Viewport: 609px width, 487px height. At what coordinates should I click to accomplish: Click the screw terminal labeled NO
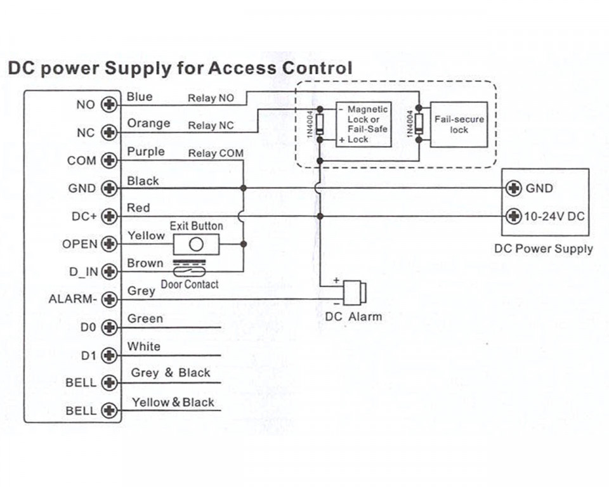[109, 105]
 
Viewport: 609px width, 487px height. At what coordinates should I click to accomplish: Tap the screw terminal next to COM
[109, 160]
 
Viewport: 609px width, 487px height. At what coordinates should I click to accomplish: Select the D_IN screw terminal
[109, 271]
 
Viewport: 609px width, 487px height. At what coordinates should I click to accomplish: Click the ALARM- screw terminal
[109, 299]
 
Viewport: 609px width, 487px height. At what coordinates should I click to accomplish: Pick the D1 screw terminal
[109, 355]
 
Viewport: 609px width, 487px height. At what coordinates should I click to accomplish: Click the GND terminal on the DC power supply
[514, 188]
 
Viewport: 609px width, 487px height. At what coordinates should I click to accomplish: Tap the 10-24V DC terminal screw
[514, 216]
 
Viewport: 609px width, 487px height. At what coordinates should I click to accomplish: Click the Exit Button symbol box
[196, 244]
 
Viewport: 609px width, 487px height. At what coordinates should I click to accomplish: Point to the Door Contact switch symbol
[189, 268]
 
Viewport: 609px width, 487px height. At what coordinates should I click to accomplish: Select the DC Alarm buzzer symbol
[355, 292]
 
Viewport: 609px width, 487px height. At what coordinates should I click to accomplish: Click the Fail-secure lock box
[459, 125]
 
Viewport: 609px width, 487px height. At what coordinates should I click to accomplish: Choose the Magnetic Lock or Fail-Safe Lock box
[363, 125]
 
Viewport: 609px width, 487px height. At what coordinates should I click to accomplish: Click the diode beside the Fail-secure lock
[419, 124]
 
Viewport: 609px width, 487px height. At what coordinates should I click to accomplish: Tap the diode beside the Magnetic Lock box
[320, 124]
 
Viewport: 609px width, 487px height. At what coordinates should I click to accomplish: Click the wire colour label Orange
[148, 124]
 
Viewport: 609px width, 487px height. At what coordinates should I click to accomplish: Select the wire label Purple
[146, 152]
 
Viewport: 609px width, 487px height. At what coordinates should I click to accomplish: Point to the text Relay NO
[211, 98]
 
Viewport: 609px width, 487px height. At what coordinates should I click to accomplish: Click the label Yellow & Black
[173, 402]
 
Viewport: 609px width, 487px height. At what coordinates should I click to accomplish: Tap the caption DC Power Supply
[544, 249]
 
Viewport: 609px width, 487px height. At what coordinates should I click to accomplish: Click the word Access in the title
[242, 68]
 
